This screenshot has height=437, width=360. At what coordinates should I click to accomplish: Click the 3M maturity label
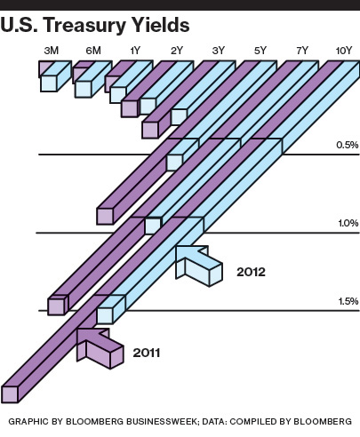[x=52, y=51]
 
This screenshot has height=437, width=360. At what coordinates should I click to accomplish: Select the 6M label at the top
[x=93, y=51]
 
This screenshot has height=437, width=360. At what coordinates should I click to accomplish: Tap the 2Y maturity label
[x=177, y=51]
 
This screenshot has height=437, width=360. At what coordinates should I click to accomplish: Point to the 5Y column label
[x=260, y=51]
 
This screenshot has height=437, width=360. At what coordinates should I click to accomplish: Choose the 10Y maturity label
[x=344, y=51]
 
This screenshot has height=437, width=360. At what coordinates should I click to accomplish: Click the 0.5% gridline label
[x=348, y=145]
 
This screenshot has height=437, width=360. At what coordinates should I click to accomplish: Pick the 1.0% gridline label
[x=348, y=223]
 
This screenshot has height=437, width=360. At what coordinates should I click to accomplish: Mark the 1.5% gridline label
[x=348, y=301]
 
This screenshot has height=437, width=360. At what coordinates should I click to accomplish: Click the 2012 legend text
[x=251, y=272]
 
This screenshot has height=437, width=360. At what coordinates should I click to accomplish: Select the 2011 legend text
[x=147, y=353]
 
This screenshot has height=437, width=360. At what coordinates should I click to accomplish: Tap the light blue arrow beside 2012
[x=198, y=266]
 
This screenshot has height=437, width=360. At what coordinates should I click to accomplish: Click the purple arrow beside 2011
[x=100, y=348]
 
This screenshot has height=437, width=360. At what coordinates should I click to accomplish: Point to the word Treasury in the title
[x=84, y=26]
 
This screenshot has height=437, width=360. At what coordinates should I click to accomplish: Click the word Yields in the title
[x=160, y=25]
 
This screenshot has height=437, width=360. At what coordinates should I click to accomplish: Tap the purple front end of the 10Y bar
[x=10, y=394]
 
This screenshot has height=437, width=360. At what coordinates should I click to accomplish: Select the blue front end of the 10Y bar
[x=105, y=315]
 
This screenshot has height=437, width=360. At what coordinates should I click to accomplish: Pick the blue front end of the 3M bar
[x=49, y=83]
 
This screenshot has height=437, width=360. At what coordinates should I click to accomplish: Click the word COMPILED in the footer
[x=252, y=421]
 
